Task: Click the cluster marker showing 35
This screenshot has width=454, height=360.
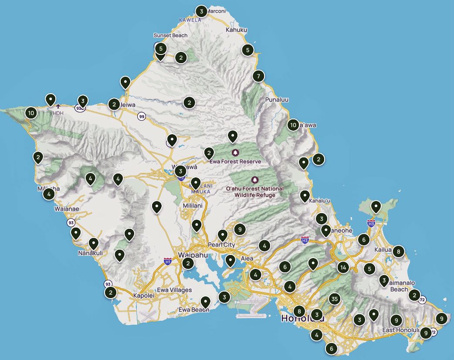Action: click(334, 299)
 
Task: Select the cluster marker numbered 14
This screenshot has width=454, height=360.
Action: click(343, 268)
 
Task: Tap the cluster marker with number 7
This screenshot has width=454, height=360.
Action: click(258, 76)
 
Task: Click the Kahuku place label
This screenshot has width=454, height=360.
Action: click(237, 30)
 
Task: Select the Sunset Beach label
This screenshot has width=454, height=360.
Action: click(170, 36)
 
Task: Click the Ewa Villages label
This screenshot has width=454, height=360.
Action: click(174, 290)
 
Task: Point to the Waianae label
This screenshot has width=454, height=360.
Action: click(66, 209)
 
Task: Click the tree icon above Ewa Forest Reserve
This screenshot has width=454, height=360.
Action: click(236, 153)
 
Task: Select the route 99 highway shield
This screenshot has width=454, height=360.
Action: click(142, 116)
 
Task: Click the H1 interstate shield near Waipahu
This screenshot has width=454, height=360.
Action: click(167, 261)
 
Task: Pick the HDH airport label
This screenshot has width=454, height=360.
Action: click(58, 113)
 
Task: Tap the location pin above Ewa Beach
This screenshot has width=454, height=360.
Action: click(205, 301)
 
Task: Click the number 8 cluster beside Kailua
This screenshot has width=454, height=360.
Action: click(398, 251)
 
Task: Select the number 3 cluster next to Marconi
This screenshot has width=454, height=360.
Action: click(201, 11)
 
